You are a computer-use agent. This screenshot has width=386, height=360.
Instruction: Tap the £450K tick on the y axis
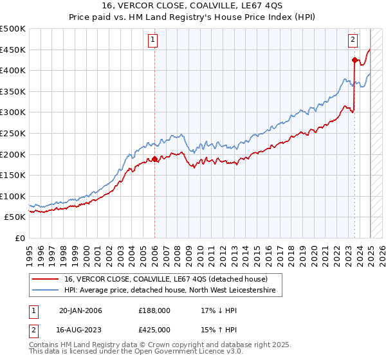coord(13,50)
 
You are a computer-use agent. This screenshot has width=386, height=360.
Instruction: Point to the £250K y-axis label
coord(13,133)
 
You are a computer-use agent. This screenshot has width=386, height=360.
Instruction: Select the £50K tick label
coord(15,217)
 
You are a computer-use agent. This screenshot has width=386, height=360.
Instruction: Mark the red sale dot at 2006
coord(155,159)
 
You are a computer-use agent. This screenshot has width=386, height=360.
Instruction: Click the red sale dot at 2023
coord(354,60)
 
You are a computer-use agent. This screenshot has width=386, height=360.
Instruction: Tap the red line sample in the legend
coord(46,279)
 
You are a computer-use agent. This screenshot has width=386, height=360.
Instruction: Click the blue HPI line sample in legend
coord(46,291)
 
